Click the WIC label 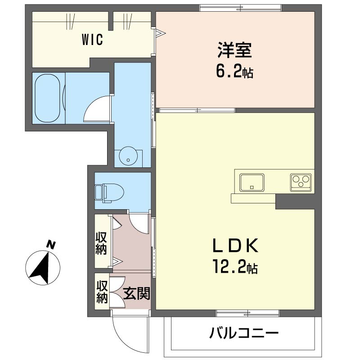click(x=92, y=39)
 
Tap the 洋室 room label click(x=234, y=50)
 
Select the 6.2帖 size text click(x=234, y=72)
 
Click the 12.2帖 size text click(x=235, y=266)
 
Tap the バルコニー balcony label click(x=243, y=333)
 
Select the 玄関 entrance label click(x=137, y=293)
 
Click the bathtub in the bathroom click(x=48, y=98)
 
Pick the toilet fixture click(x=109, y=193)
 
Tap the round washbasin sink click(x=128, y=155)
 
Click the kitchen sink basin click(x=252, y=183)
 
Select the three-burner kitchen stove click(x=301, y=182)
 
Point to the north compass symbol click(x=43, y=268)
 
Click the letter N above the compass click(x=51, y=245)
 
